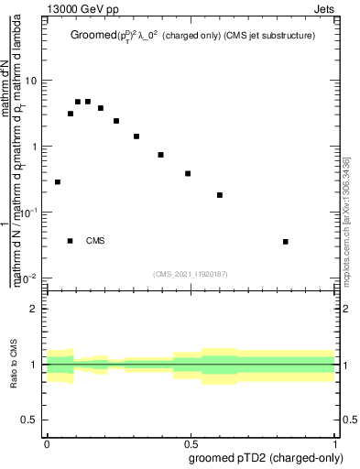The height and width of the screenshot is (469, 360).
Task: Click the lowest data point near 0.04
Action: [58, 182]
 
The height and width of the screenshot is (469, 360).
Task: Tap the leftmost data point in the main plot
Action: [58, 182]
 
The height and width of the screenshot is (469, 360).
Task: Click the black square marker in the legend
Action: [71, 241]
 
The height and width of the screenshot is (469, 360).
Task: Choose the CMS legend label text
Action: [95, 241]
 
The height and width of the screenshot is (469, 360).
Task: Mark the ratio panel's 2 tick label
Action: [35, 309]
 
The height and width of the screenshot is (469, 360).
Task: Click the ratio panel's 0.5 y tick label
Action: [30, 420]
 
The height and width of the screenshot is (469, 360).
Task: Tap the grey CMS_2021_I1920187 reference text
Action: [190, 273]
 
